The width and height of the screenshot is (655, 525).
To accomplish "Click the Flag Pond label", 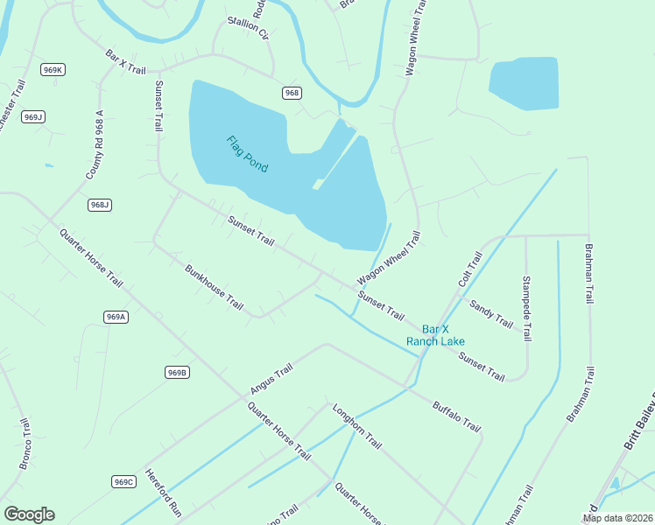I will point(247,154).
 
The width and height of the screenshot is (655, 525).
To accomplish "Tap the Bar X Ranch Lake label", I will point(435,335).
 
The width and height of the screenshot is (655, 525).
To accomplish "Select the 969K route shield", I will point(53,69).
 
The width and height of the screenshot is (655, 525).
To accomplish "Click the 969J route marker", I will point(33,116).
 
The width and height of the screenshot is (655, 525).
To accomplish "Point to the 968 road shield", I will point(292,92).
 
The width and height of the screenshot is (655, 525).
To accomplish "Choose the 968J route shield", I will point(100,205).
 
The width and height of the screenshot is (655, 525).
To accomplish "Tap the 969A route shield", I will point(116,317).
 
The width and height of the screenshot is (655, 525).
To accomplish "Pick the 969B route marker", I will point(177,372).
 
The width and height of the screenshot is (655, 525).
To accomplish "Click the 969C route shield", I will point(124,482).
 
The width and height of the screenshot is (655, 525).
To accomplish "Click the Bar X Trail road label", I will point(125,61).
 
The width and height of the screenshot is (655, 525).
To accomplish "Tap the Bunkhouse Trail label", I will point(214,286).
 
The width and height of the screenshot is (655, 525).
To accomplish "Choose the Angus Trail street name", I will point(271,380).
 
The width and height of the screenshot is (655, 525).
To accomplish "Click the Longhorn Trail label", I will point(356,426).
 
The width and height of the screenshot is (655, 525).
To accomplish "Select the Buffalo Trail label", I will point(456,416).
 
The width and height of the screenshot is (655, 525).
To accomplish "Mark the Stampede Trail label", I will point(526,309).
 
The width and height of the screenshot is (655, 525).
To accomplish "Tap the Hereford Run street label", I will point(163,494).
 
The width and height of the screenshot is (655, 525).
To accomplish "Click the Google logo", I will point(29,514).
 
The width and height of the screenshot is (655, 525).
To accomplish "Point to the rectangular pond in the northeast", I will point(524,84).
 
